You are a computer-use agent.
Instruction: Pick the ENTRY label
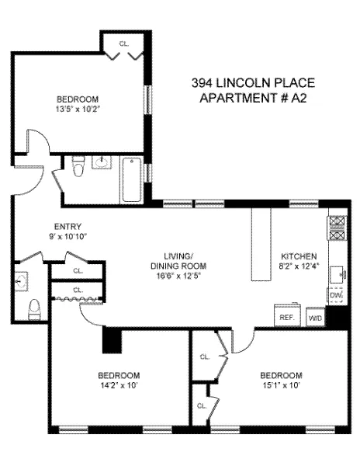(x=46, y=226)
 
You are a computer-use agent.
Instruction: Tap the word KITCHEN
(x=298, y=256)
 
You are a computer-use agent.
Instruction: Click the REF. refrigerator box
(x=285, y=317)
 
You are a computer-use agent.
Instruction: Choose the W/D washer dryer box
(x=315, y=318)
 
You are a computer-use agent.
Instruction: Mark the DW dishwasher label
(x=335, y=297)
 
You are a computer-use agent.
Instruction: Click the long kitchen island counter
(x=259, y=245)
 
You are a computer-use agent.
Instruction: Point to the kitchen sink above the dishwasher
(x=336, y=274)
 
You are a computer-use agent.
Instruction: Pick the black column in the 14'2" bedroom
(x=112, y=340)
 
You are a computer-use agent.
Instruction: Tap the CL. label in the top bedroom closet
(x=123, y=44)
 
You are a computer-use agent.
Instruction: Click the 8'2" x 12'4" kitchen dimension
(x=298, y=266)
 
